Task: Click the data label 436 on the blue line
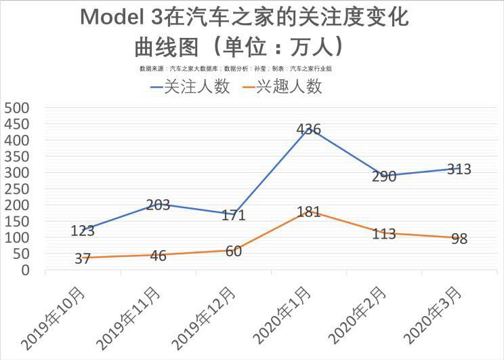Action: [x=309, y=129]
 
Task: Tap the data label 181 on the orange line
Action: [x=309, y=212]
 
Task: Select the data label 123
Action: [x=83, y=231]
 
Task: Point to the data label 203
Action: [x=158, y=205]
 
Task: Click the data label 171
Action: [x=233, y=216]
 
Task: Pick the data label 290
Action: [x=384, y=177]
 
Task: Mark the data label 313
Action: [x=459, y=169]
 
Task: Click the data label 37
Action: [x=83, y=259]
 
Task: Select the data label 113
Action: [x=384, y=234]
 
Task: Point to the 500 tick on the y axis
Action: [x=17, y=108]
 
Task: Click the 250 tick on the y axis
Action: [x=17, y=173]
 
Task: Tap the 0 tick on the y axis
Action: [x=26, y=270]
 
